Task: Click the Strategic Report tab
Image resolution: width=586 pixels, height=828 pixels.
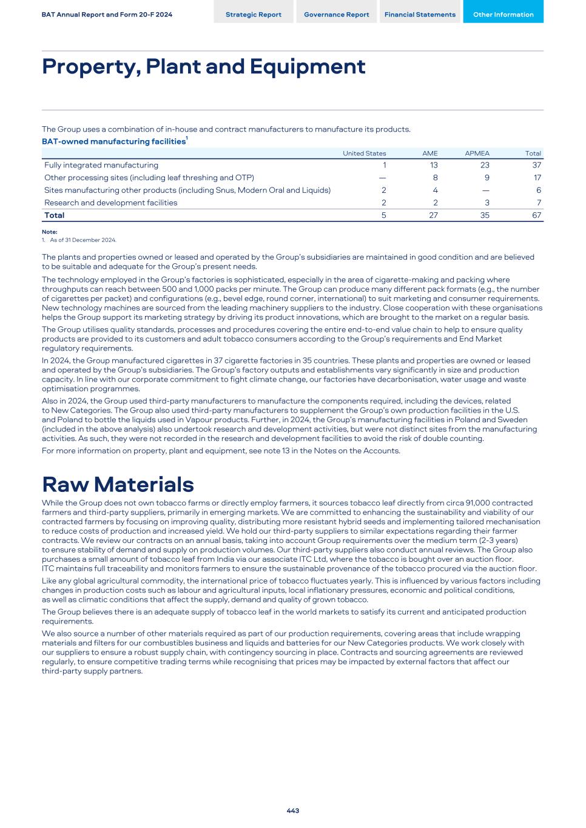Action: coord(253,15)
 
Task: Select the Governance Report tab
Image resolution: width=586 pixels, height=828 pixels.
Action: coord(336,15)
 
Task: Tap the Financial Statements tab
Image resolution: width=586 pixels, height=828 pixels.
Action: coord(420,15)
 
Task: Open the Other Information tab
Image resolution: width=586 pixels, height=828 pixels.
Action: coord(503,15)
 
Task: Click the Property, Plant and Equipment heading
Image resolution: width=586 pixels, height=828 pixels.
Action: coord(203,66)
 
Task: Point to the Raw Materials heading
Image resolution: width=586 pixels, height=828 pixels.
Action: coord(118,484)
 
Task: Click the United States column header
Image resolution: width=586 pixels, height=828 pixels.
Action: coord(364,153)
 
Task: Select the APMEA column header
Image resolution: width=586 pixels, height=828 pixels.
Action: coord(477,153)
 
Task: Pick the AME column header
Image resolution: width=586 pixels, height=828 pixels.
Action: coord(429,153)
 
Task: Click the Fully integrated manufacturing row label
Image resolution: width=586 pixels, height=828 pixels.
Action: coord(101,165)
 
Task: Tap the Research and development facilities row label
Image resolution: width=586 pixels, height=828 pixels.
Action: coord(111,203)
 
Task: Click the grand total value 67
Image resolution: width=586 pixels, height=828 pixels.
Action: coord(536,215)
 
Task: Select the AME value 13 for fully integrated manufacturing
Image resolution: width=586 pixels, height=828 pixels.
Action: coord(433,165)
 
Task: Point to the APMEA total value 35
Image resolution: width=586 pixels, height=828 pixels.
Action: coord(484,215)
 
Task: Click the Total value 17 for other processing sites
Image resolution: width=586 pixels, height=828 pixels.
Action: coord(537,178)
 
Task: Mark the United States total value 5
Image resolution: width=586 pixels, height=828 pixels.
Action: coord(383,215)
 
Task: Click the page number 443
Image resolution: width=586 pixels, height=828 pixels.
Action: coord(293,810)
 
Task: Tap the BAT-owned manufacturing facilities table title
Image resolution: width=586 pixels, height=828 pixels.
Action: coord(114,141)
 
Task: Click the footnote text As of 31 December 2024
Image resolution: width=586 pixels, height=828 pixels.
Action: coord(83,240)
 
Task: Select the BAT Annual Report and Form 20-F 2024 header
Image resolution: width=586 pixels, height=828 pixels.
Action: coord(107,15)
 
